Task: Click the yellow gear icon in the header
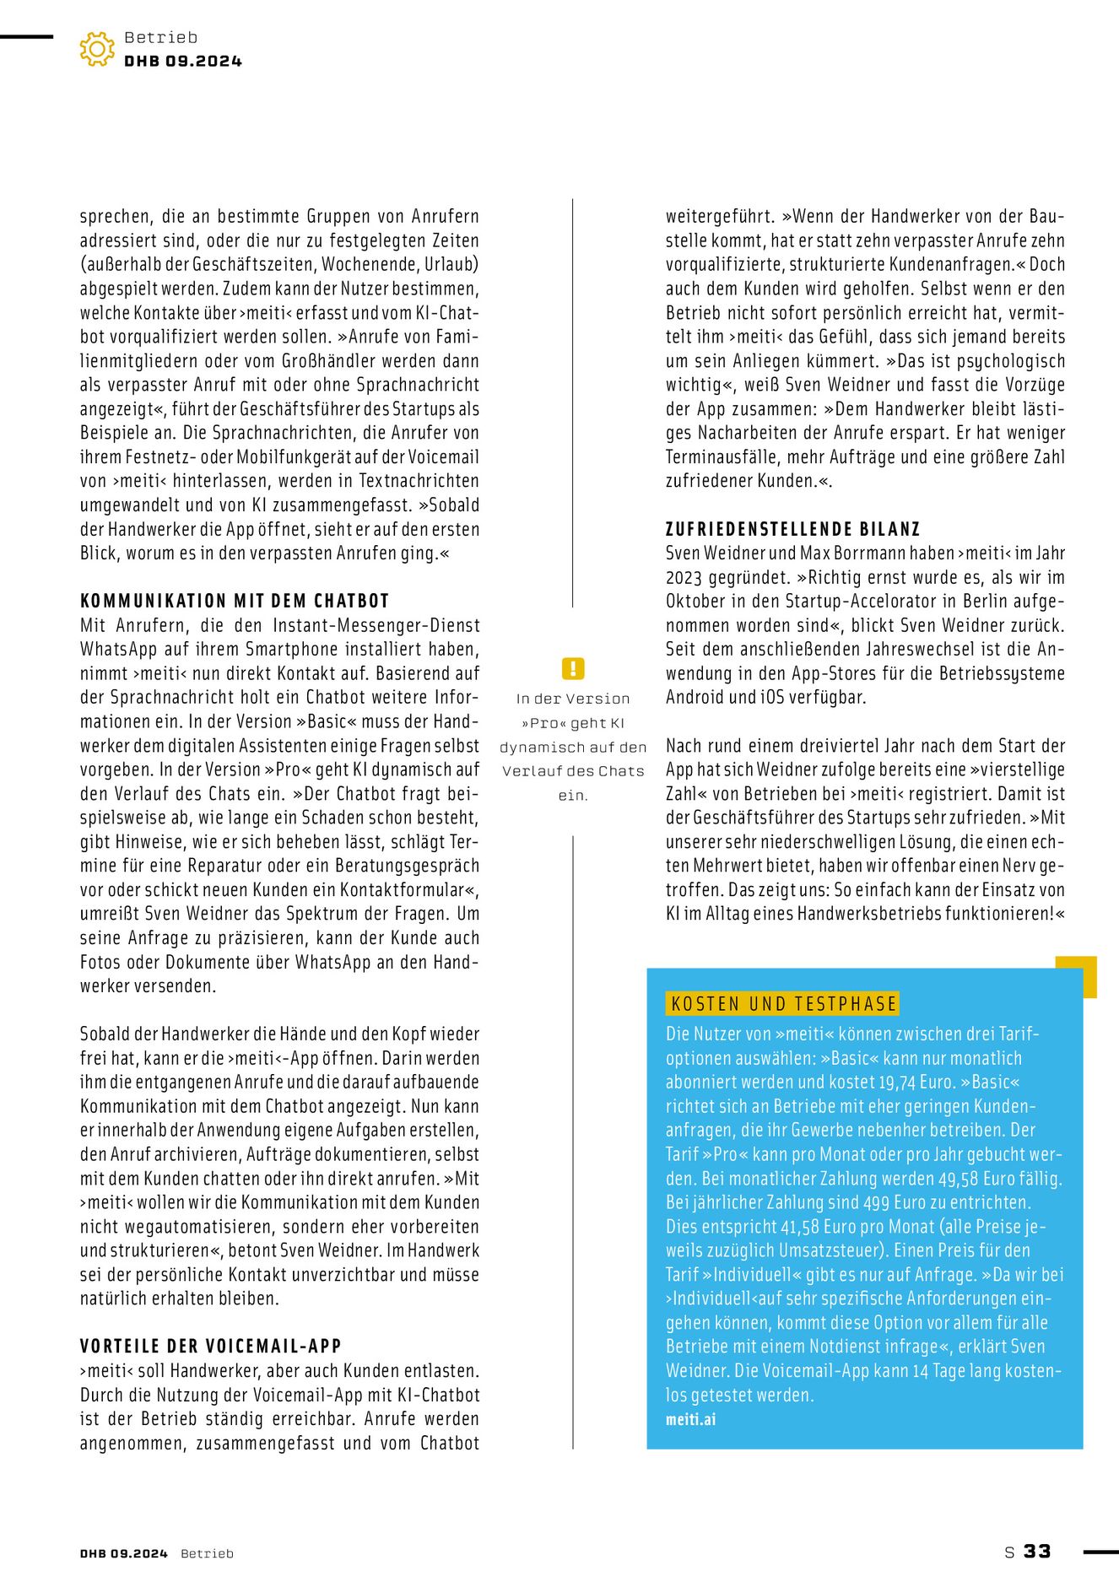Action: pyautogui.click(x=97, y=49)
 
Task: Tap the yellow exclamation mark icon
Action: pyautogui.click(x=573, y=669)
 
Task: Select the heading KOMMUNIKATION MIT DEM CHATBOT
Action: pyautogui.click(x=235, y=601)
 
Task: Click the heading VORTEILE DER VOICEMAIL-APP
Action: pyautogui.click(x=211, y=1346)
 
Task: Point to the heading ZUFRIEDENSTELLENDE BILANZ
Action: pyautogui.click(x=792, y=529)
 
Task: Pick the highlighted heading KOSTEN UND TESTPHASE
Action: pyautogui.click(x=783, y=1003)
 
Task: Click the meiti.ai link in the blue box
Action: pyautogui.click(x=690, y=1419)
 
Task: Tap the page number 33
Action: pyautogui.click(x=1037, y=1552)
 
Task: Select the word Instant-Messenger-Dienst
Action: pyautogui.click(x=376, y=625)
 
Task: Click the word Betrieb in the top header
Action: pyautogui.click(x=161, y=37)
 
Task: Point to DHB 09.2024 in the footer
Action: pyautogui.click(x=124, y=1553)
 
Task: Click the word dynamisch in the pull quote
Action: pyautogui.click(x=538, y=748)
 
